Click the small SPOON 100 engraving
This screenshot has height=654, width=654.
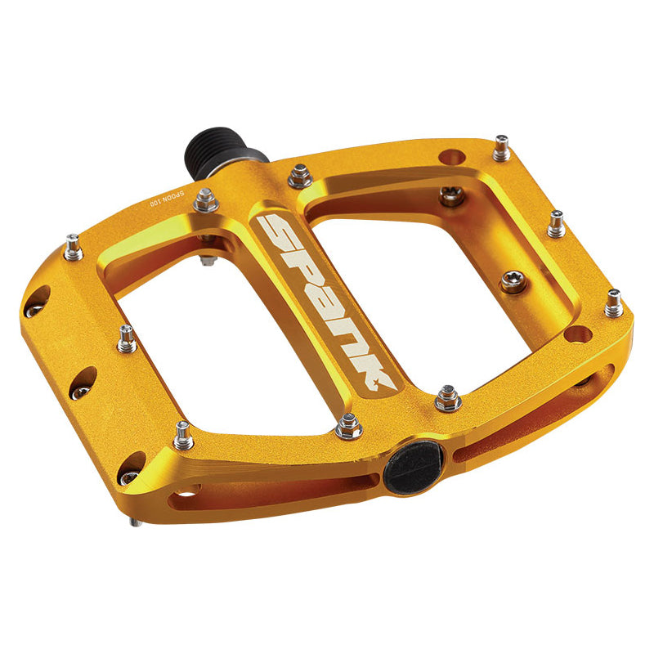pos(168,201)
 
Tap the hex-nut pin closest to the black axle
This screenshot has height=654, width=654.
pos(299,174)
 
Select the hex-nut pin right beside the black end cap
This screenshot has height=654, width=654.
pos(447,398)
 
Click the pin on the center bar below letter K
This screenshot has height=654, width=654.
pos(349,424)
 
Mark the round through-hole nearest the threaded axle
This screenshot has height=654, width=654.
pos(450,156)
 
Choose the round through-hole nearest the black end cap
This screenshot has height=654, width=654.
pos(578,334)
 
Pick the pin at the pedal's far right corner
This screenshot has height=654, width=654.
pos(613,303)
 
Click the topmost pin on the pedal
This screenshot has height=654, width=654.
pos(501,148)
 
